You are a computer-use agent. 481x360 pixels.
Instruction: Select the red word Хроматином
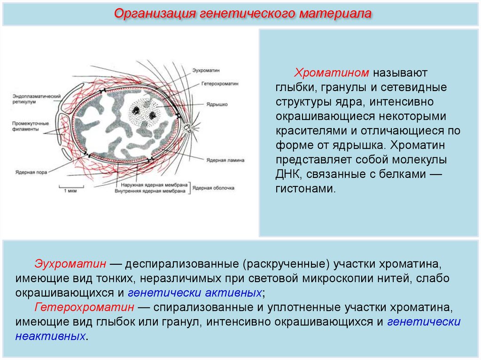click(334, 73)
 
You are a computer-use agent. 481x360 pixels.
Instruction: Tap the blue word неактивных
click(51, 337)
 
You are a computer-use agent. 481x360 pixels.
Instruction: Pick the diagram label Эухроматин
click(205, 70)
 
